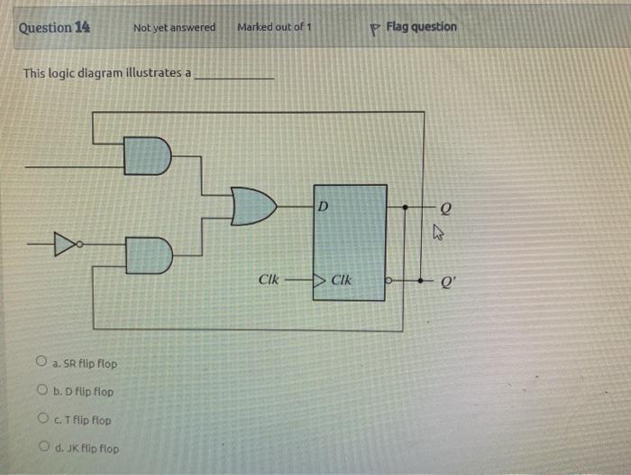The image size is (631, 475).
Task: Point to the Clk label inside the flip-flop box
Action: click(x=342, y=280)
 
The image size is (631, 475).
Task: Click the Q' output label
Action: click(x=444, y=280)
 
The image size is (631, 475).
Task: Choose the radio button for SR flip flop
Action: click(x=41, y=363)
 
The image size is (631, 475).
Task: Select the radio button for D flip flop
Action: click(x=41, y=391)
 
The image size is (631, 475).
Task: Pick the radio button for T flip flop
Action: click(x=41, y=420)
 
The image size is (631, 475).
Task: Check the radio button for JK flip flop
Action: click(x=41, y=448)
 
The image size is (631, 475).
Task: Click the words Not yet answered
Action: click(x=174, y=28)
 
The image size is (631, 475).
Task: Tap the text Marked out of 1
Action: click(x=274, y=27)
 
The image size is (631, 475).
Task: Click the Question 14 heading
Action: click(x=54, y=27)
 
